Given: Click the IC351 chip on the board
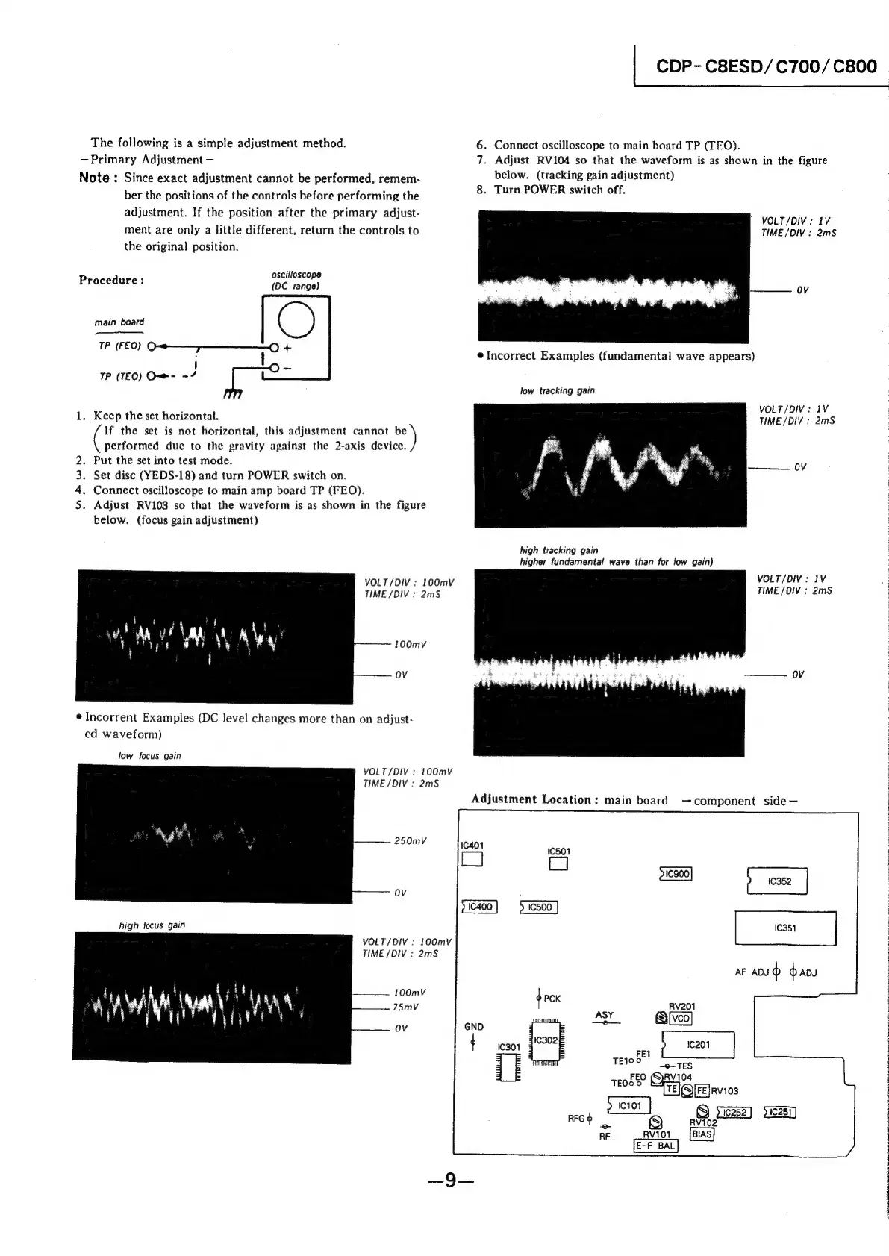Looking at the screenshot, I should (x=785, y=928).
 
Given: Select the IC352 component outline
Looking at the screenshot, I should (x=777, y=881).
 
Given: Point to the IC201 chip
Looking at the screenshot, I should (x=699, y=1045).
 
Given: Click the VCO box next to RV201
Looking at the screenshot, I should (x=681, y=1019).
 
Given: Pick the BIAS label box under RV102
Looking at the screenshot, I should (x=702, y=1134).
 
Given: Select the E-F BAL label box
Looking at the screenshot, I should (x=655, y=1146).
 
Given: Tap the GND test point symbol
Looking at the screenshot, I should (x=473, y=1043).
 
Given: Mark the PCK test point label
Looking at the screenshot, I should (x=552, y=999).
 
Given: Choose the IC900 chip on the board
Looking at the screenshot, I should (x=676, y=874).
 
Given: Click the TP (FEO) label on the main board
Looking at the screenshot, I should (x=119, y=346).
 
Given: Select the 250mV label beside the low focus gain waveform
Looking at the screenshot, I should (x=410, y=841).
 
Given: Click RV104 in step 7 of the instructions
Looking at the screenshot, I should (x=554, y=160).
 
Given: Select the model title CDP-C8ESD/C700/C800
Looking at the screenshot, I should (x=766, y=66).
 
